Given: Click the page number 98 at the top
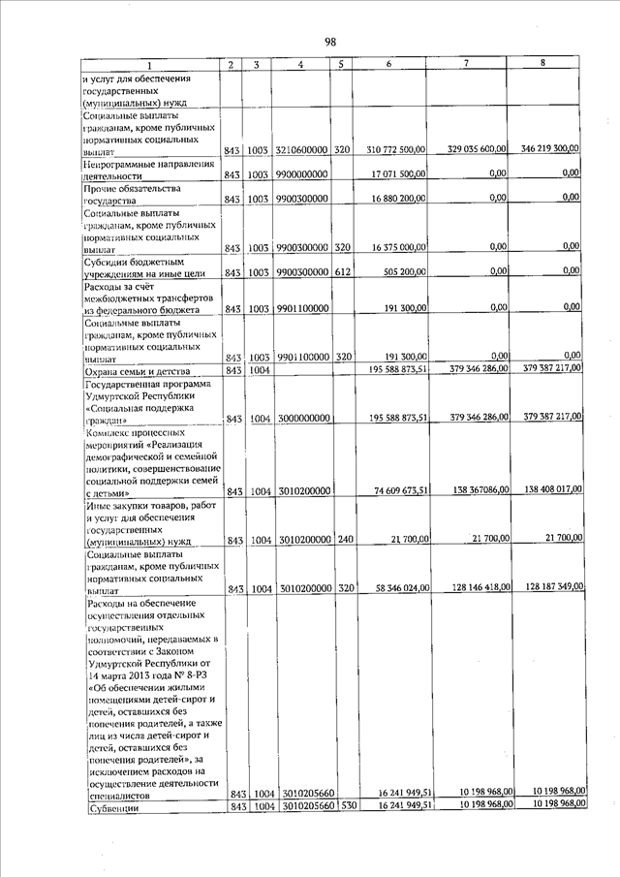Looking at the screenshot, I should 330,42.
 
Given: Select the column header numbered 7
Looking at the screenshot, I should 466,64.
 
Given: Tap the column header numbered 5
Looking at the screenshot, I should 340,65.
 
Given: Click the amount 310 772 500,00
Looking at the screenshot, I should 395,151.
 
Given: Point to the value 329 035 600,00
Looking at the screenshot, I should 478,149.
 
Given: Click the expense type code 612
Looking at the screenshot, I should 342,272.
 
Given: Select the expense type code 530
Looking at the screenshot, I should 342,806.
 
